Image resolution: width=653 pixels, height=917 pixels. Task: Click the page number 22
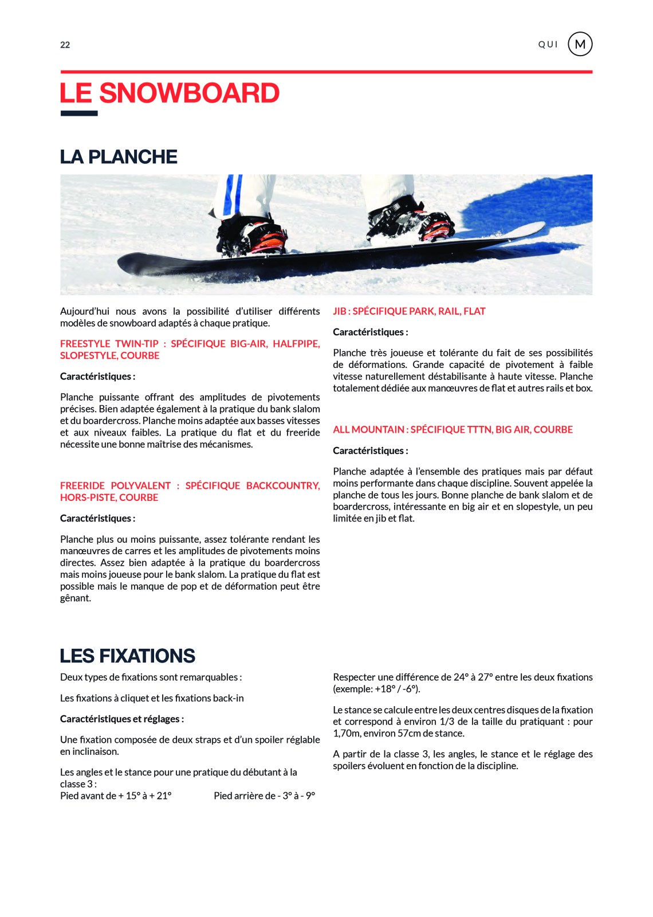click(x=65, y=45)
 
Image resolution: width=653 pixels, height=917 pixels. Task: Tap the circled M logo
click(x=580, y=44)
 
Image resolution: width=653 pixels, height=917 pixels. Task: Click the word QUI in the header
click(x=548, y=45)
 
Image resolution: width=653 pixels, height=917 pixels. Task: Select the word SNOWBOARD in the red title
click(x=190, y=93)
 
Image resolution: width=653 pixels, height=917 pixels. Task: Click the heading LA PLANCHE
click(x=119, y=157)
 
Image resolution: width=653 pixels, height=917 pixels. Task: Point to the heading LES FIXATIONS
click(x=127, y=656)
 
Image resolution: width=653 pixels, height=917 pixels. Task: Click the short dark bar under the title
click(x=79, y=113)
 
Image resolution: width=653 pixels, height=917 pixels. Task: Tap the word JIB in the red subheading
click(x=340, y=311)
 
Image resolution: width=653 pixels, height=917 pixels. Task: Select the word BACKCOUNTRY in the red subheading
click(x=282, y=486)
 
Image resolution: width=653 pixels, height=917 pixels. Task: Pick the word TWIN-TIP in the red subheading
click(x=137, y=344)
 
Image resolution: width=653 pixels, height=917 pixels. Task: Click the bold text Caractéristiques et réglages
click(x=121, y=719)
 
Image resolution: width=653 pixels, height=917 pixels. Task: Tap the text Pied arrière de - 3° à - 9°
click(x=264, y=795)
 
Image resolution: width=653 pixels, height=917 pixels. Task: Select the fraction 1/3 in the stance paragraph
click(x=447, y=722)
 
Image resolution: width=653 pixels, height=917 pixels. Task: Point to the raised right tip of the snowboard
click(x=536, y=229)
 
